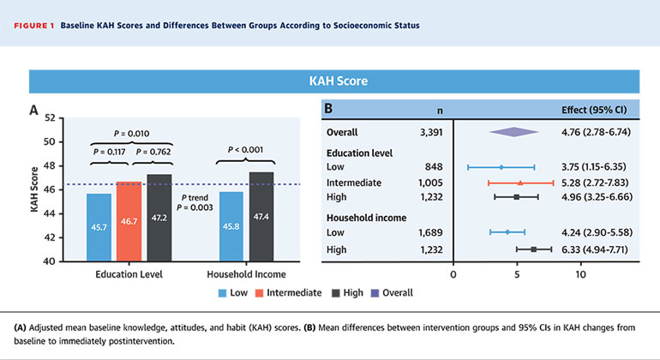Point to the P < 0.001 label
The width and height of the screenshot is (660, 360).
247,150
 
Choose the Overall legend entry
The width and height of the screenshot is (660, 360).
395,292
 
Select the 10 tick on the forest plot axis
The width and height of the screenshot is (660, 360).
581,275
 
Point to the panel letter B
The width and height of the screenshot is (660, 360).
329,109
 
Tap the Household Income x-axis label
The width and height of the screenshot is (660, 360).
247,275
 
